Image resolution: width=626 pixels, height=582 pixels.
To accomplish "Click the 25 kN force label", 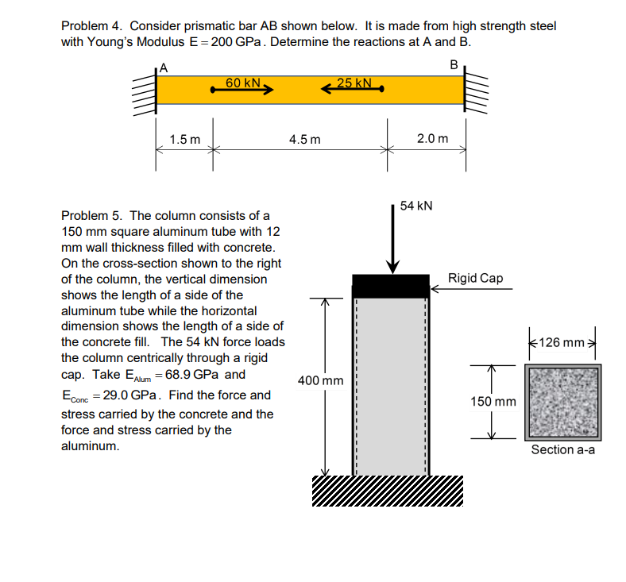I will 354,83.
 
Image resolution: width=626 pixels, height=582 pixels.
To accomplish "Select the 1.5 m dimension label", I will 184,140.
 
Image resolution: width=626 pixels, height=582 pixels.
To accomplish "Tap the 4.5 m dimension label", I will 305,140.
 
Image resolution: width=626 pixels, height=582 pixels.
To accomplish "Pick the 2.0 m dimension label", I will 432,140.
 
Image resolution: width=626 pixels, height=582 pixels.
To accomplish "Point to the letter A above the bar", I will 164,67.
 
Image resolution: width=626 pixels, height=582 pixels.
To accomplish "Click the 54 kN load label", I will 416,206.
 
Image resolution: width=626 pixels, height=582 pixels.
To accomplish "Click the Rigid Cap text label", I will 475,279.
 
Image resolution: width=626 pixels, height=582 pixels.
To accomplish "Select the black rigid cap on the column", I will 390,285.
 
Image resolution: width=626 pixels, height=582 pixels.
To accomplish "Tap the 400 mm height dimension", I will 320,381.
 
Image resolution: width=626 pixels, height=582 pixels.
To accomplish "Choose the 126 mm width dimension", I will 562,343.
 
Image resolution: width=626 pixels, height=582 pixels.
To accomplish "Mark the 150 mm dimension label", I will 493,402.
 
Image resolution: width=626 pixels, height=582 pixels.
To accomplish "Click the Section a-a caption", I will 562,450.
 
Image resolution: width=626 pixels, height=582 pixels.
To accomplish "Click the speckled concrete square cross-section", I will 562,402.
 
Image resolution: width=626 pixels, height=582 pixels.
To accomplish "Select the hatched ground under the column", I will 386,489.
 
